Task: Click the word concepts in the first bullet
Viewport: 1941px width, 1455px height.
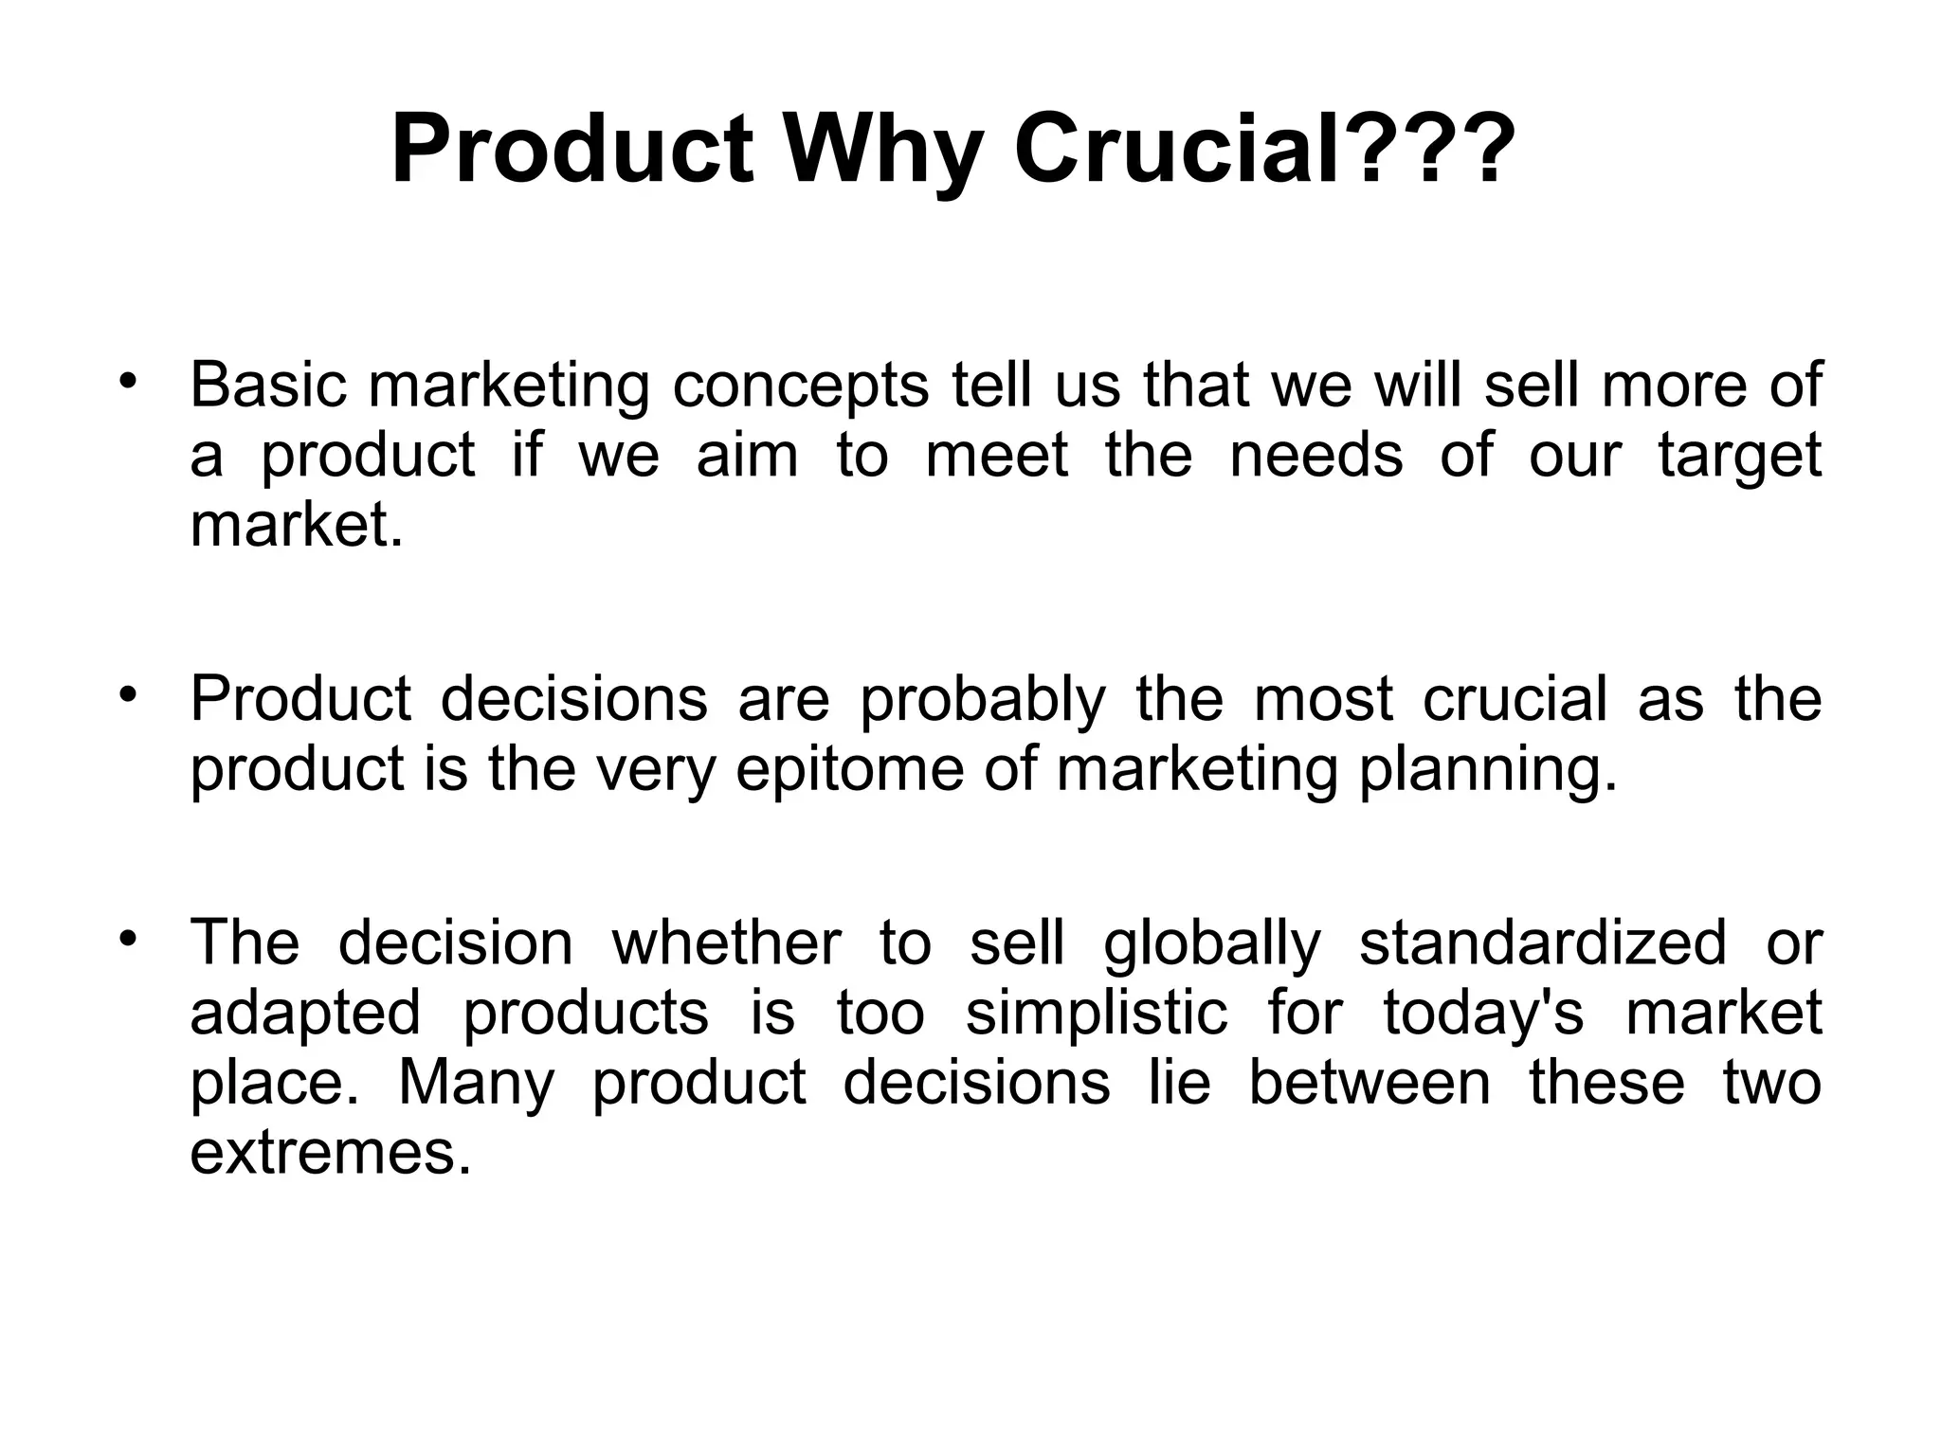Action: click(801, 388)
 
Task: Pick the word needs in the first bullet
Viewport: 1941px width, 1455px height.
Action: click(1315, 455)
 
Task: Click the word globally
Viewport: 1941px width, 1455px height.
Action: click(1212, 945)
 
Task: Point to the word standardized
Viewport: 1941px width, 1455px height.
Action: click(1543, 943)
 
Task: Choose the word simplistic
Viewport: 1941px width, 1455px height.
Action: click(1096, 1015)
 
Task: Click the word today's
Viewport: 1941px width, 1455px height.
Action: click(1483, 1015)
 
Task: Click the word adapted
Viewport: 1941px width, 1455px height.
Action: click(305, 1015)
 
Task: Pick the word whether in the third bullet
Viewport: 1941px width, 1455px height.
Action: click(726, 943)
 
